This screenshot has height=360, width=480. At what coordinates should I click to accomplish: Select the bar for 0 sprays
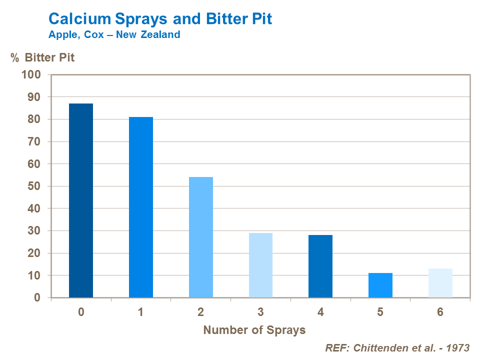[x=81, y=200]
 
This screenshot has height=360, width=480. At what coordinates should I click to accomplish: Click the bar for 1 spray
[x=141, y=207]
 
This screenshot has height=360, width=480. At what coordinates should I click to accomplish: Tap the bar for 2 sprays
[x=201, y=237]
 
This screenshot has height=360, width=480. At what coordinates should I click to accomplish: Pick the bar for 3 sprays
[x=260, y=265]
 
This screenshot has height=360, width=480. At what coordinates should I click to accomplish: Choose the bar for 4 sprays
[x=320, y=266]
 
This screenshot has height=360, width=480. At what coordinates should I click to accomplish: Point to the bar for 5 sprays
[x=380, y=285]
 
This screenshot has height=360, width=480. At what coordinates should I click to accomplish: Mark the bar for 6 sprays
[x=440, y=283]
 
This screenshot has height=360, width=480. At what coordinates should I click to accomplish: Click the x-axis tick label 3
[x=260, y=312]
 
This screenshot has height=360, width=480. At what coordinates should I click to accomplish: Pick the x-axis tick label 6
[x=440, y=312]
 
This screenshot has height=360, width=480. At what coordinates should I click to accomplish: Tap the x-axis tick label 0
[x=81, y=312]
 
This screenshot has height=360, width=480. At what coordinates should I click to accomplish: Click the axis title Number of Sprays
[x=254, y=330]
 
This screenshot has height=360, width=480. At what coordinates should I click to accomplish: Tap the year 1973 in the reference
[x=458, y=348]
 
